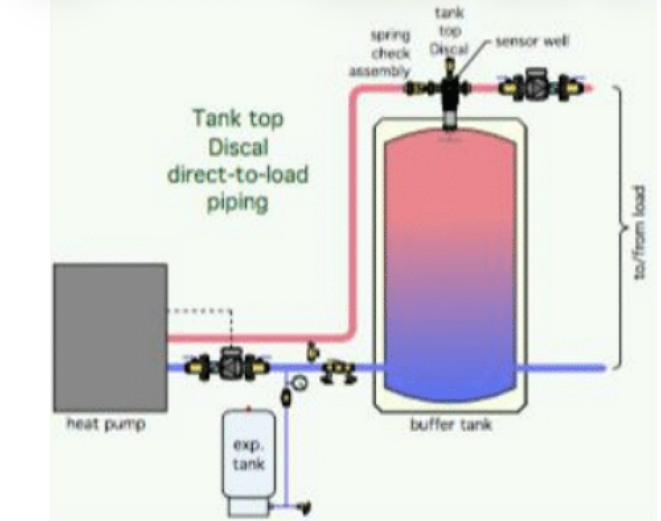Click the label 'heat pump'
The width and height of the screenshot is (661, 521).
click(106, 424)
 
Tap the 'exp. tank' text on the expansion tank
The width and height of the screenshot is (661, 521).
click(249, 454)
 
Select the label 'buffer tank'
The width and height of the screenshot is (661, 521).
click(451, 424)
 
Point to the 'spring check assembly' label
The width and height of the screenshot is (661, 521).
click(390, 52)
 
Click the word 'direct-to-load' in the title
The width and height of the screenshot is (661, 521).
click(238, 174)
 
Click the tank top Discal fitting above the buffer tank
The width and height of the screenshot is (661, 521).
click(451, 93)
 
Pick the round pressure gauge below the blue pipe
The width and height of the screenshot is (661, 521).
click(301, 381)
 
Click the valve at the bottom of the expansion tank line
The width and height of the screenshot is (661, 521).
click(305, 508)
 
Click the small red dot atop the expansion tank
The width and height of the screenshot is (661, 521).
click(249, 409)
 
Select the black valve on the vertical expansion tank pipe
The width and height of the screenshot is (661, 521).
click(286, 398)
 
